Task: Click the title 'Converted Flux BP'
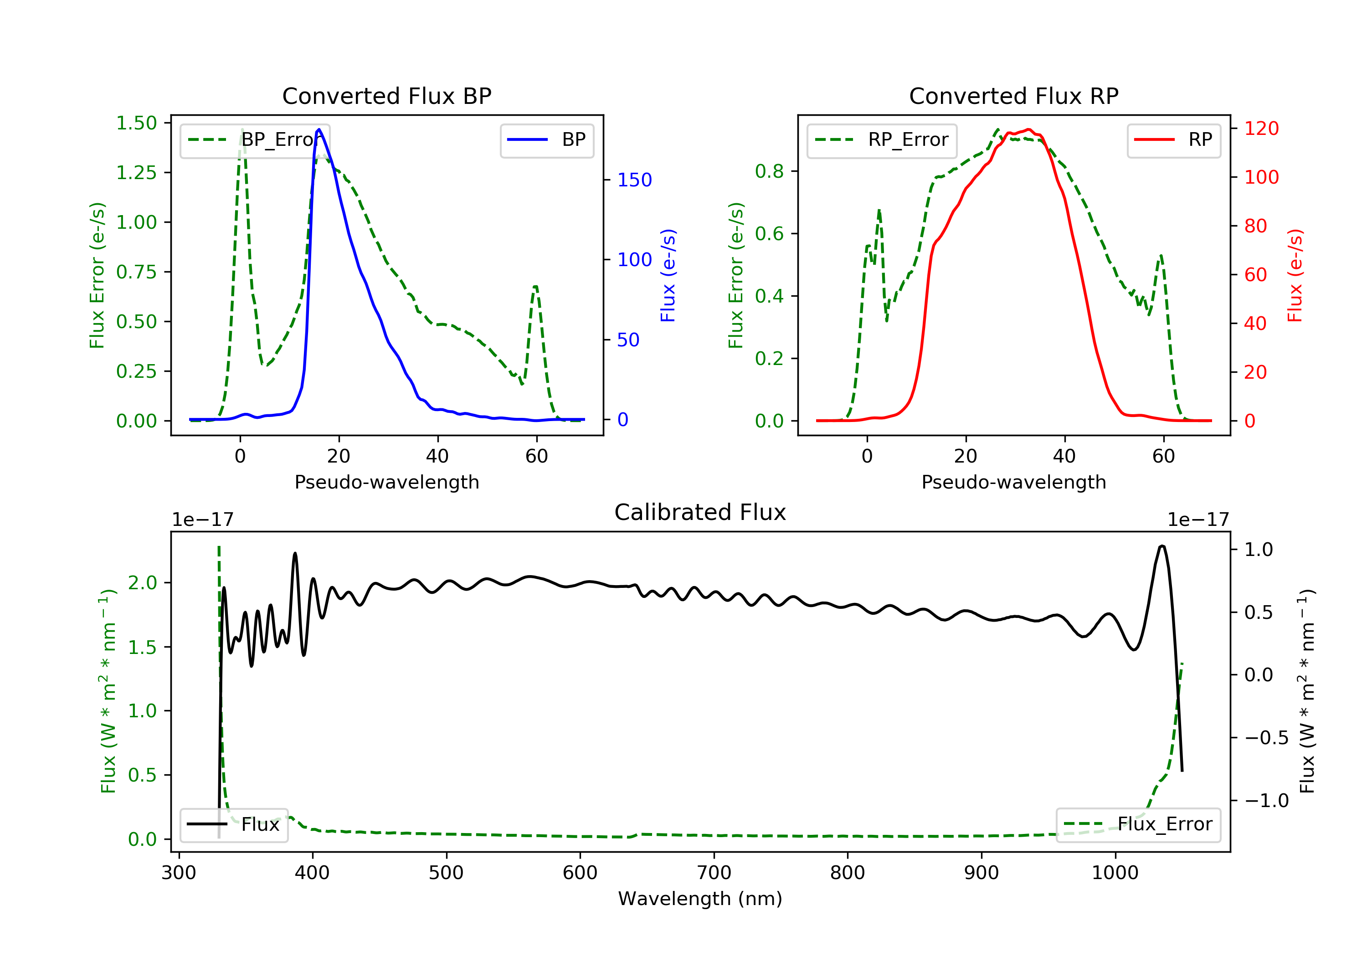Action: point(387,96)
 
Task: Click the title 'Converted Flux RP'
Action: point(1014,96)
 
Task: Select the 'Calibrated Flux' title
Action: point(700,512)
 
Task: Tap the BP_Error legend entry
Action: point(255,140)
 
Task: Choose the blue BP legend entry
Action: point(546,140)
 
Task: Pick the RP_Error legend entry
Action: point(882,140)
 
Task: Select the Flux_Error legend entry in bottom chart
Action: point(1138,824)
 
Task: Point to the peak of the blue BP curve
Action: point(319,129)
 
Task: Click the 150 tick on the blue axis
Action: point(635,180)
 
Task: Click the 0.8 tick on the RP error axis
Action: point(769,171)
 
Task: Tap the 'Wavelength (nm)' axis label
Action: point(700,899)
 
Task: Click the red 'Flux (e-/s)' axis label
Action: point(1295,276)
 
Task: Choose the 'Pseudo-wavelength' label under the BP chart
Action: point(387,482)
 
